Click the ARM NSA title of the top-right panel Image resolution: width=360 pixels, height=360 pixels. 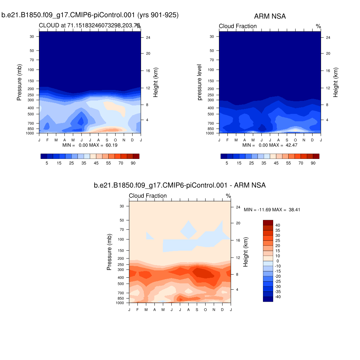(x=270, y=17)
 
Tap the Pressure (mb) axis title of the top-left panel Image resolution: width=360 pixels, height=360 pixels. (x=19, y=82)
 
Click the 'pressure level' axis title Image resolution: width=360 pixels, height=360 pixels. (x=200, y=82)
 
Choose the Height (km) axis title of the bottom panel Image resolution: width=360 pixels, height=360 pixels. (x=246, y=252)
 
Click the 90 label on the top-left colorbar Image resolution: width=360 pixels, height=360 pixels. (x=133, y=163)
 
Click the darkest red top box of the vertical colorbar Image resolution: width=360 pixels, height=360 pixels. (x=268, y=222)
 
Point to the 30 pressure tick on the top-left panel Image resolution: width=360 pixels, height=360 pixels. (x=32, y=37)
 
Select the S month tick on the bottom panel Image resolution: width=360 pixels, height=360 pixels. (x=197, y=309)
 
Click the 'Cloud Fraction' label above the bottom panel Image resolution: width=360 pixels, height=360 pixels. (x=148, y=196)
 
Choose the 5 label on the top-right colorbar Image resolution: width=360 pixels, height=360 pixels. (x=227, y=163)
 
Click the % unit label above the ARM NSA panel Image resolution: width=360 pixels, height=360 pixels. (x=318, y=26)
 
